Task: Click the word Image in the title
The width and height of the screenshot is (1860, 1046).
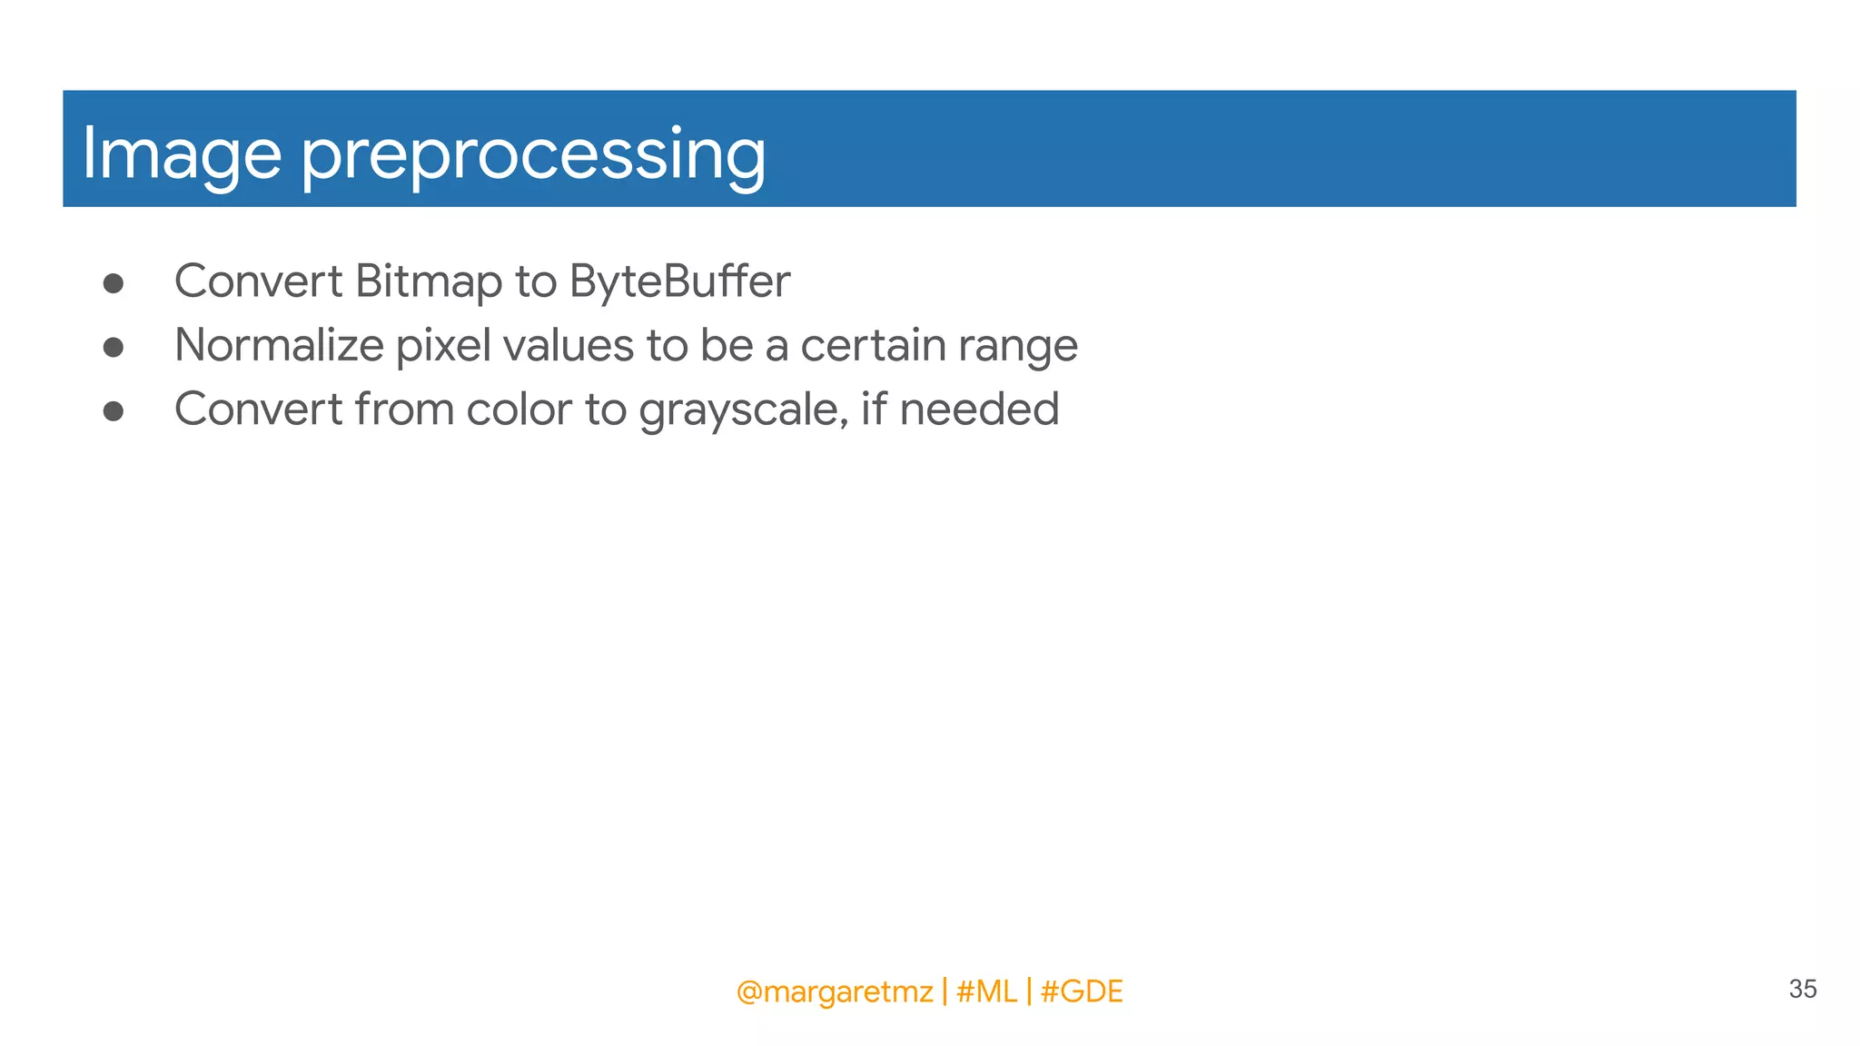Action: pyautogui.click(x=181, y=154)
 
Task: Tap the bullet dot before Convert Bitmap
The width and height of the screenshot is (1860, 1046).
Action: pyautogui.click(x=114, y=283)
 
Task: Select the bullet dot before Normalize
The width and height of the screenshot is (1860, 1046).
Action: pyautogui.click(x=114, y=347)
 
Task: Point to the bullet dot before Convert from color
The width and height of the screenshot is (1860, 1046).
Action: pyautogui.click(x=114, y=411)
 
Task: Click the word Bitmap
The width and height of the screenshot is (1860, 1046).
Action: pyautogui.click(x=428, y=281)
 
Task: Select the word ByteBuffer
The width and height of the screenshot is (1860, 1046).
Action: pyautogui.click(x=679, y=281)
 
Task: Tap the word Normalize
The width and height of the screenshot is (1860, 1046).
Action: pyautogui.click(x=279, y=345)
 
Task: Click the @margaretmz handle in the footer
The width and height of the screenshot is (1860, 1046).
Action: pyautogui.click(x=834, y=992)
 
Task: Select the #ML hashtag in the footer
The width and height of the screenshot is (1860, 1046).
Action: pyautogui.click(x=986, y=992)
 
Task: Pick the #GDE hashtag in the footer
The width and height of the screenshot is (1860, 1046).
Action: pyautogui.click(x=1081, y=992)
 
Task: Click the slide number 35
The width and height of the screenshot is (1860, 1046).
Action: pyautogui.click(x=1802, y=989)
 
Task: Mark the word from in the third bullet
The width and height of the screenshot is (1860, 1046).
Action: pyautogui.click(x=404, y=410)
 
